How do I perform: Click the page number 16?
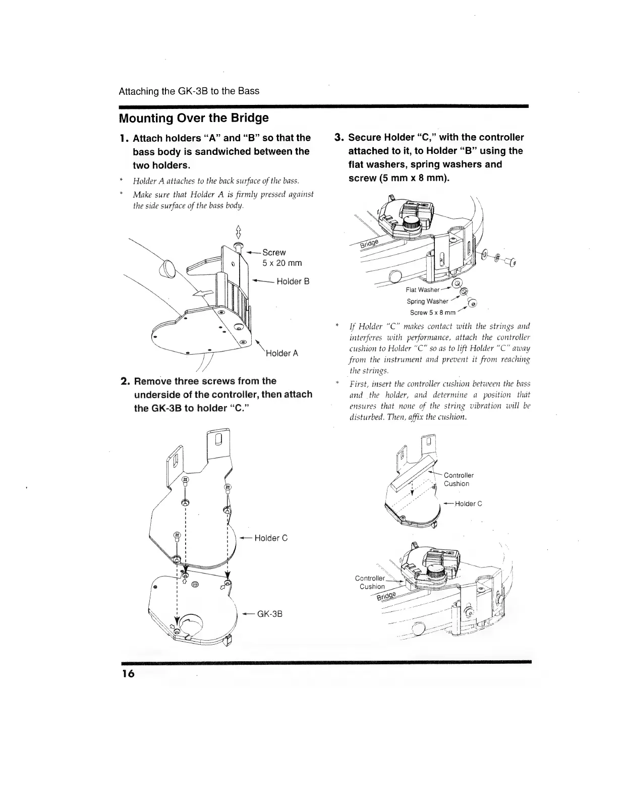(127, 674)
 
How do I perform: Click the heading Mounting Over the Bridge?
(193, 118)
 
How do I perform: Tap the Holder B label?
(293, 281)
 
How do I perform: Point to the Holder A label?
(281, 353)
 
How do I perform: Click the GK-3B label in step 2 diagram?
(269, 614)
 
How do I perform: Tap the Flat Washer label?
(423, 290)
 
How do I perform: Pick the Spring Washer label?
(427, 301)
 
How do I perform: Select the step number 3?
(339, 138)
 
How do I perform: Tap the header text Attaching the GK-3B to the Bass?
(189, 91)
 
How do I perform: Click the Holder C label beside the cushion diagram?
(468, 503)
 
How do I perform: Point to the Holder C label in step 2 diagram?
(271, 538)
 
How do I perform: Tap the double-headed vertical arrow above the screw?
(238, 234)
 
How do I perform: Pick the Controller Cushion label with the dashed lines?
(458, 479)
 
